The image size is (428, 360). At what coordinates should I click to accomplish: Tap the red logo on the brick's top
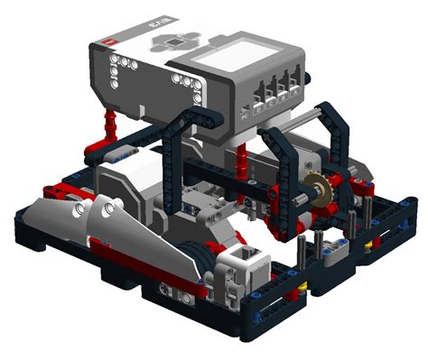109,42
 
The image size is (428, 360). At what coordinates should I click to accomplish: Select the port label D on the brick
256,112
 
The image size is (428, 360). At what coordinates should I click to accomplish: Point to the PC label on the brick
245,115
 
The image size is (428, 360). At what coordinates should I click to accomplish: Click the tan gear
316,192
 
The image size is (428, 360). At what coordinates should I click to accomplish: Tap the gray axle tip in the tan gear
316,191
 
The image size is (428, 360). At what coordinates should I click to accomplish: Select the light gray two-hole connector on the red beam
169,289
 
